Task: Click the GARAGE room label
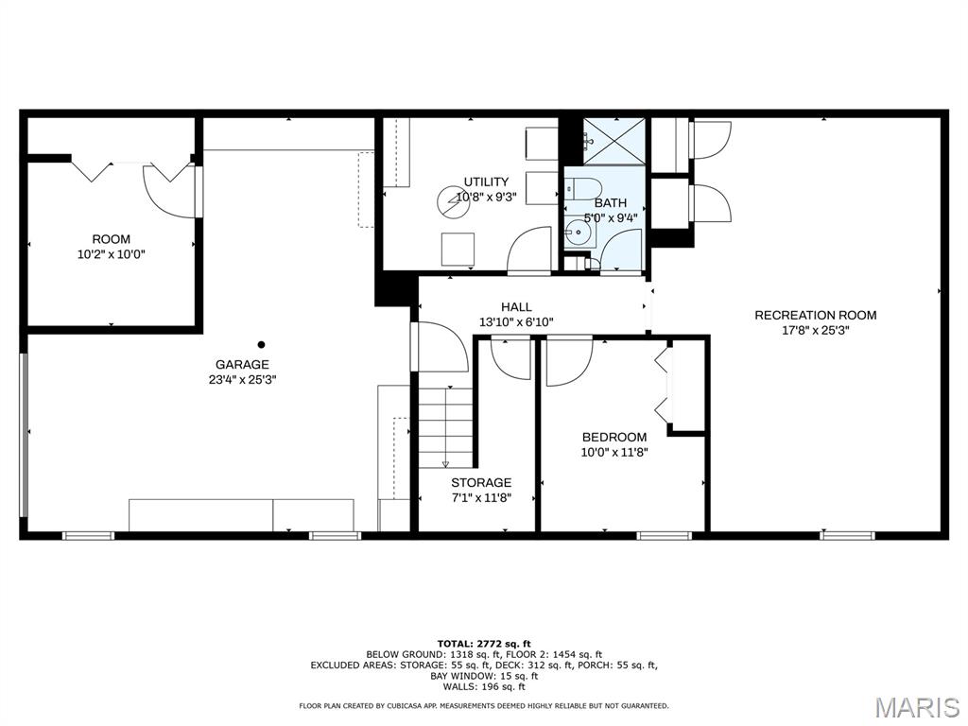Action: point(242,364)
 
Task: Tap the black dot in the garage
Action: point(261,344)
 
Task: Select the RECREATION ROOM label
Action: point(816,315)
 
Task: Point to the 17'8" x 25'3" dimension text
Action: point(816,330)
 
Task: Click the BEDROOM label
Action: point(614,437)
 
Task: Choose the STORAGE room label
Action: point(481,483)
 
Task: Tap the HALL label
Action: point(516,307)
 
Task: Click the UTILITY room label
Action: point(487,181)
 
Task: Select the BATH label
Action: point(611,202)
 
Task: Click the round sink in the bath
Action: point(579,233)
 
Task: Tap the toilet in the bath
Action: point(582,187)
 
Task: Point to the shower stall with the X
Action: point(614,142)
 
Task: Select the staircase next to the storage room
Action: point(445,426)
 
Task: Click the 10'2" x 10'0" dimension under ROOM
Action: point(112,253)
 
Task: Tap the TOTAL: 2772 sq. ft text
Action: point(484,644)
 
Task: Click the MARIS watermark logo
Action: point(919,707)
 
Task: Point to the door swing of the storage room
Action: point(511,359)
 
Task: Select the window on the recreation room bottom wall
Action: point(847,535)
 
